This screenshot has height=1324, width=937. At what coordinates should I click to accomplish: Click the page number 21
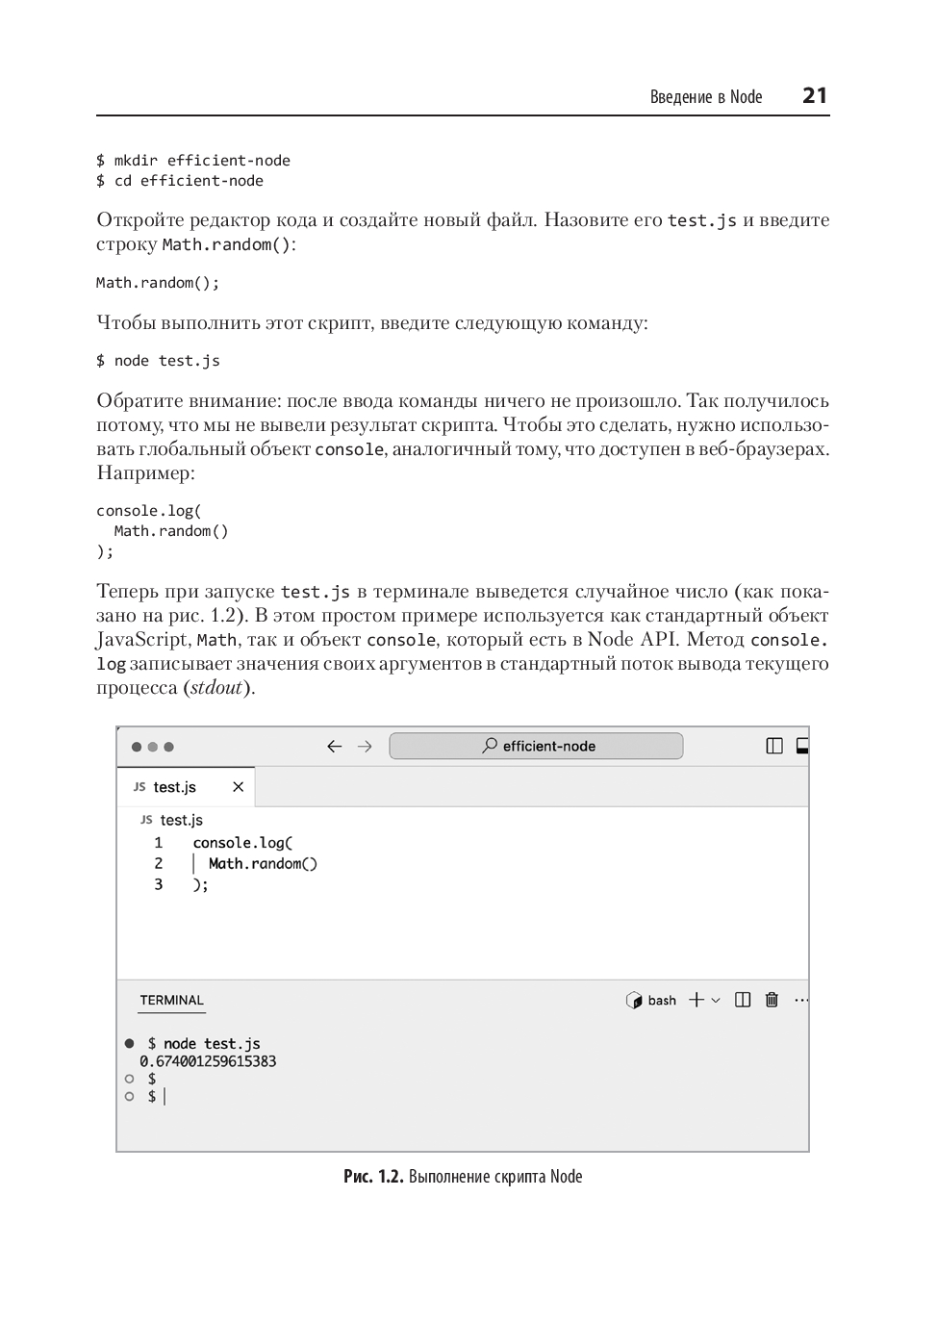814,95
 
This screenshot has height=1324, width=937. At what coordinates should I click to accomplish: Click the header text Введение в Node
705,97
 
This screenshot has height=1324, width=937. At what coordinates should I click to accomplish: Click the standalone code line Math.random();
158,283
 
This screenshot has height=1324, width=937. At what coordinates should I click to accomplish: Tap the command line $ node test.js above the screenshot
158,361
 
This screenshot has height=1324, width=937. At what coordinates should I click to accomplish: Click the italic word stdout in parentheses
216,688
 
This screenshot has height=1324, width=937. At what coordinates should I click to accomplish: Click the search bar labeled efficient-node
536,746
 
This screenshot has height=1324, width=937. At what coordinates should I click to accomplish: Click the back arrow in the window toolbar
335,747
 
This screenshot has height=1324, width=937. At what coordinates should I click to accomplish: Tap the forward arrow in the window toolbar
365,747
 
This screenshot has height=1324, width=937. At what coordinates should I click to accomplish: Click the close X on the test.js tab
238,787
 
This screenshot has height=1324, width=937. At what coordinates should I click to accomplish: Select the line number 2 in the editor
159,863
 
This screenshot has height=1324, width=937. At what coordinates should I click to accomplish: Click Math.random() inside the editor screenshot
263,863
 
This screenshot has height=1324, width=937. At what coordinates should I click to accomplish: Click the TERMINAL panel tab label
171,1001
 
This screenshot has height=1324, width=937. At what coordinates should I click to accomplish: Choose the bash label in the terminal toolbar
661,1001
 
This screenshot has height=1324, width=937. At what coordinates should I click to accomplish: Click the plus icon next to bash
696,1001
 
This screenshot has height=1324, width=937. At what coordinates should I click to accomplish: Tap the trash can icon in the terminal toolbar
772,1001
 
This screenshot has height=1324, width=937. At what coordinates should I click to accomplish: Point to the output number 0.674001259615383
208,1061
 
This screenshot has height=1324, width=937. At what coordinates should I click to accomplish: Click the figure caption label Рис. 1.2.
373,1177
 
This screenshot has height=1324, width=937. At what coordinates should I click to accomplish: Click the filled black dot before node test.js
130,1044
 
